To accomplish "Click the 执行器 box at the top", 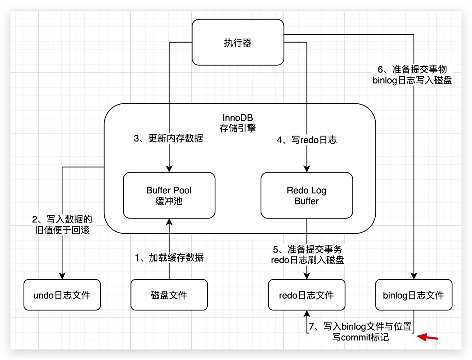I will (x=238, y=42).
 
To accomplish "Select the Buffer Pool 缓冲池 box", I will (x=169, y=195).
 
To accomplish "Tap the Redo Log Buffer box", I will (x=306, y=195).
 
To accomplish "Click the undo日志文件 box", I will (x=62, y=295).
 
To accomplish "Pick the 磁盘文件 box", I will (x=169, y=295).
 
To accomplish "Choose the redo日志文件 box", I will (x=306, y=295).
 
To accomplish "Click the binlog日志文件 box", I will (x=413, y=295).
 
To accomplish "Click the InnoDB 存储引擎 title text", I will (x=238, y=123).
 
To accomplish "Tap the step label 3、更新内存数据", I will (x=168, y=138).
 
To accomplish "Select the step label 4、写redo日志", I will (x=307, y=140).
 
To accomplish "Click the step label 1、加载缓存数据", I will (x=169, y=258).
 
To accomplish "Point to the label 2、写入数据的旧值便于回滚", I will (x=62, y=225).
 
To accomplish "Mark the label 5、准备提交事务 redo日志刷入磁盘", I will (x=307, y=254).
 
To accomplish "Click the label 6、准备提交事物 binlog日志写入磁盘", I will (x=412, y=75).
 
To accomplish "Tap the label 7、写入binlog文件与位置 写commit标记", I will (x=360, y=332).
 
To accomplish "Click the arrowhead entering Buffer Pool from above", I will (x=169, y=169).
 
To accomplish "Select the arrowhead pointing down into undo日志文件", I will (x=62, y=276).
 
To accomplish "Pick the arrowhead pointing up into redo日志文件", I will (x=307, y=314).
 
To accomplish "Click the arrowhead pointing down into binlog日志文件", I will (x=414, y=276).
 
